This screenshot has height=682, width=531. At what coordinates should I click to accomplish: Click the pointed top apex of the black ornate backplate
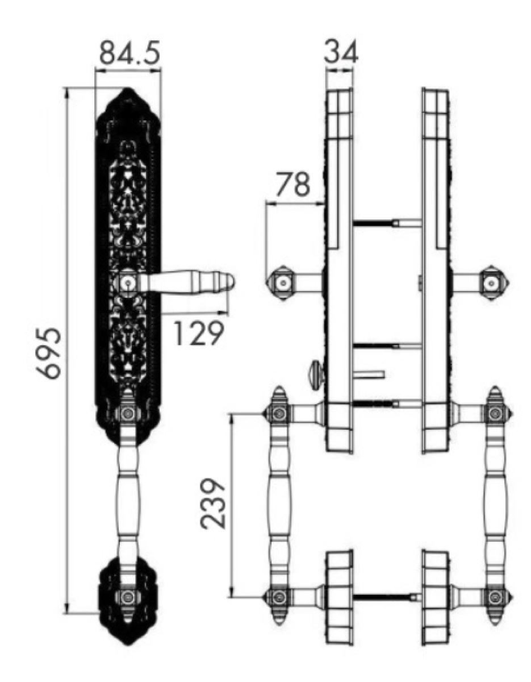point(127,88)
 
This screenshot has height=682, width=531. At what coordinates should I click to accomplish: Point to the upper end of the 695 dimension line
point(66,88)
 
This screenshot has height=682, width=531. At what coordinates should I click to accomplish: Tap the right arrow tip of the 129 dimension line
point(228,312)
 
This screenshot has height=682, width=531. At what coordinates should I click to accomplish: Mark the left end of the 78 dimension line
point(266,203)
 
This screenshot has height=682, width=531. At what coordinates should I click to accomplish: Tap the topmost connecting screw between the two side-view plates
point(388,223)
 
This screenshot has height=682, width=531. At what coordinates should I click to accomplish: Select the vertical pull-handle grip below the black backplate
point(128,501)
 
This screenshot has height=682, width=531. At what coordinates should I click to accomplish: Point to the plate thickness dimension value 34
point(341,51)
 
